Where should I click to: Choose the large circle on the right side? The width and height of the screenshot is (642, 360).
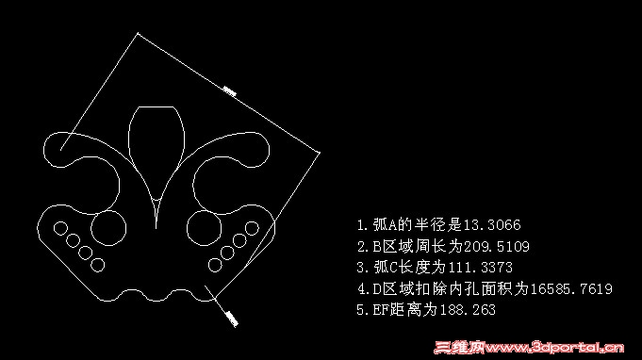pos(203,227)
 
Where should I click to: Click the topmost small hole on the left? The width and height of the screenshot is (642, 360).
pos(60,227)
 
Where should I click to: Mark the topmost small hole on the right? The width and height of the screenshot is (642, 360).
pos(251,227)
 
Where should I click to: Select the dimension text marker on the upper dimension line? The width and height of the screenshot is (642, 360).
pos(228,91)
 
